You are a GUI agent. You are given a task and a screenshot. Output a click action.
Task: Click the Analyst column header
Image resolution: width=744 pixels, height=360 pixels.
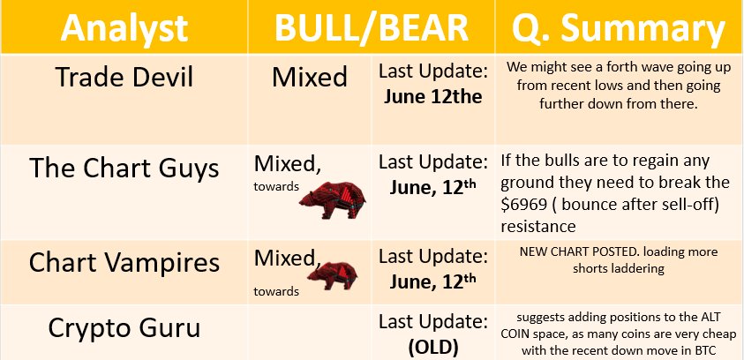pos(124,27)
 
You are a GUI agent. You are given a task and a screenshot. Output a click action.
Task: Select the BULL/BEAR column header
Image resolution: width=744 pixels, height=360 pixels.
pos(372,27)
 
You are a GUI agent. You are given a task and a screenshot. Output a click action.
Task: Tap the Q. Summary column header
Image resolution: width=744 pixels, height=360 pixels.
pos(619,28)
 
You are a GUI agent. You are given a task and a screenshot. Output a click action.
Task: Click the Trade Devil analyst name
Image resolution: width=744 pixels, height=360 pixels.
pos(124,77)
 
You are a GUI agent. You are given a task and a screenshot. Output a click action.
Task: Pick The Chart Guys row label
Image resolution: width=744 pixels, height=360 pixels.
pos(124,168)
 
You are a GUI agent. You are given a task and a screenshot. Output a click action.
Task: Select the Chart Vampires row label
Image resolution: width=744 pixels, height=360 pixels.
pos(124,262)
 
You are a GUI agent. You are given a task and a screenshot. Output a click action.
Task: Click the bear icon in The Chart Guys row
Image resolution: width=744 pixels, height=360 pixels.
pos(333,199)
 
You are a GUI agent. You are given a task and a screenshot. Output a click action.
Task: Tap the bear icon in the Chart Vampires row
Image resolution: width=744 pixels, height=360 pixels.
pos(332,275)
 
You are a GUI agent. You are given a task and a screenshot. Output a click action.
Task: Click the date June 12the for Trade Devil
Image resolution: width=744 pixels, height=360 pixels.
pos(432,97)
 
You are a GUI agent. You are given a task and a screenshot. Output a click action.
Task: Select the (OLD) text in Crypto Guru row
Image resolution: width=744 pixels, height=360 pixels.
pos(433,348)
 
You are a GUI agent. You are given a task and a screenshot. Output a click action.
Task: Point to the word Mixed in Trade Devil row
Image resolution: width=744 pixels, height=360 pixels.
pos(310,77)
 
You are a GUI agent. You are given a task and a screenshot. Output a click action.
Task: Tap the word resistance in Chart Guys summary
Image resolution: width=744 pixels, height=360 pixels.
pos(538,227)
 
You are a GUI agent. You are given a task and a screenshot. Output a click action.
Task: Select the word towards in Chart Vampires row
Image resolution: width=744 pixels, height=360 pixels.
pos(276,291)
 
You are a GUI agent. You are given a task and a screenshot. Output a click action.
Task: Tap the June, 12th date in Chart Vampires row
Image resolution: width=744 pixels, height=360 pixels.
pos(432,281)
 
